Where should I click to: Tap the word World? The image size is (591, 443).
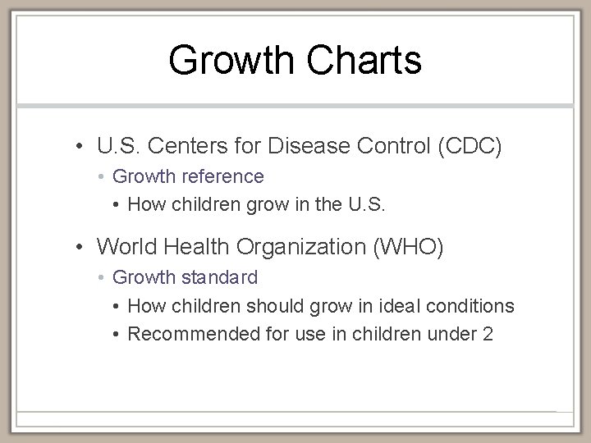tap(122, 247)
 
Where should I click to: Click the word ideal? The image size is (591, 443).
tap(397, 306)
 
